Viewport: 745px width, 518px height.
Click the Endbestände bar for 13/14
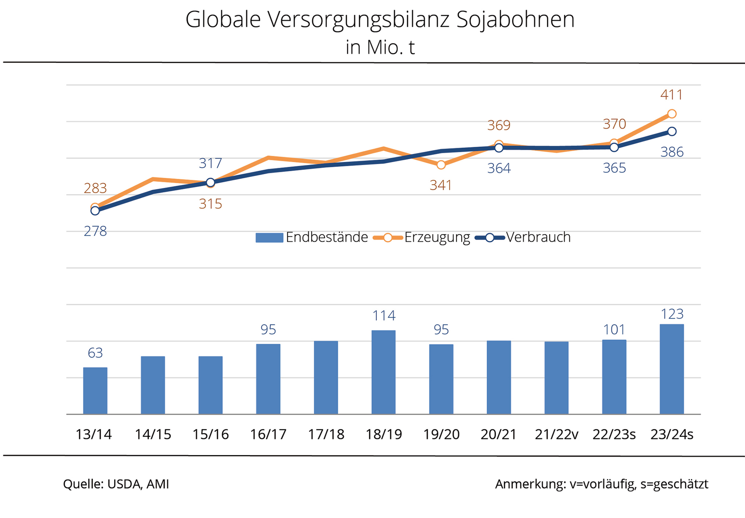point(95,390)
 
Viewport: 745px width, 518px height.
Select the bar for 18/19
point(384,372)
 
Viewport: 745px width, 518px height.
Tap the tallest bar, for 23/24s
point(672,369)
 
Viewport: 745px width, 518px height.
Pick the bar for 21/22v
point(556,377)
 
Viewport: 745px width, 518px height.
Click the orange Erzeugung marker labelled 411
point(672,114)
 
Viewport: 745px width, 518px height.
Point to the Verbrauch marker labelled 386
point(672,131)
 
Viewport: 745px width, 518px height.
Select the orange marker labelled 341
point(441,165)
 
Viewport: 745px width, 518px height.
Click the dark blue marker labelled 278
point(95,211)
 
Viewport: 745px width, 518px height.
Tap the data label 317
point(210,164)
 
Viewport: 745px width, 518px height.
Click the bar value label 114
point(384,316)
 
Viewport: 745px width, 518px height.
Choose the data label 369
point(499,126)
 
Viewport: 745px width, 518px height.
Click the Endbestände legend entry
point(312,237)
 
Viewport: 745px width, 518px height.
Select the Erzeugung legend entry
point(422,237)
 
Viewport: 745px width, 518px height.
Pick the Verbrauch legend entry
point(523,237)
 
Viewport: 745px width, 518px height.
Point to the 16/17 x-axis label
point(268,435)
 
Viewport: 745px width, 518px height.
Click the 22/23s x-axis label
point(614,435)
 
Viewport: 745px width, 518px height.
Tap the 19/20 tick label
point(441,435)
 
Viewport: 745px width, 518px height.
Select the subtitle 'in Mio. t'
point(380,47)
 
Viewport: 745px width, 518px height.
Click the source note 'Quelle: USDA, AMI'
point(116,484)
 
